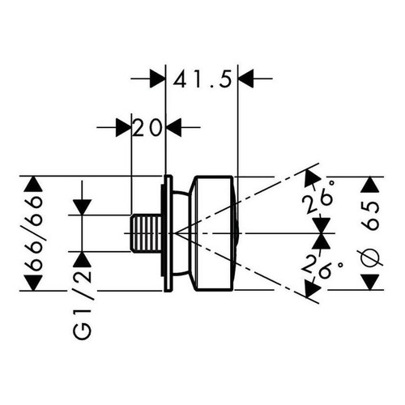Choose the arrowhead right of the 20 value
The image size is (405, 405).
pos(173,127)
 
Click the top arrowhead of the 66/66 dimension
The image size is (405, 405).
pos(33,184)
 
